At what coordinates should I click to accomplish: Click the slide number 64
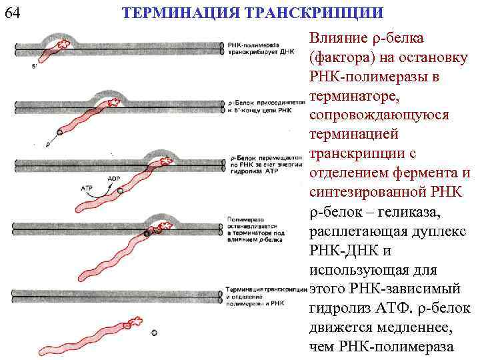pos(11,13)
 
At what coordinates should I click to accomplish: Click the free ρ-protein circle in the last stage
pos(155,331)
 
